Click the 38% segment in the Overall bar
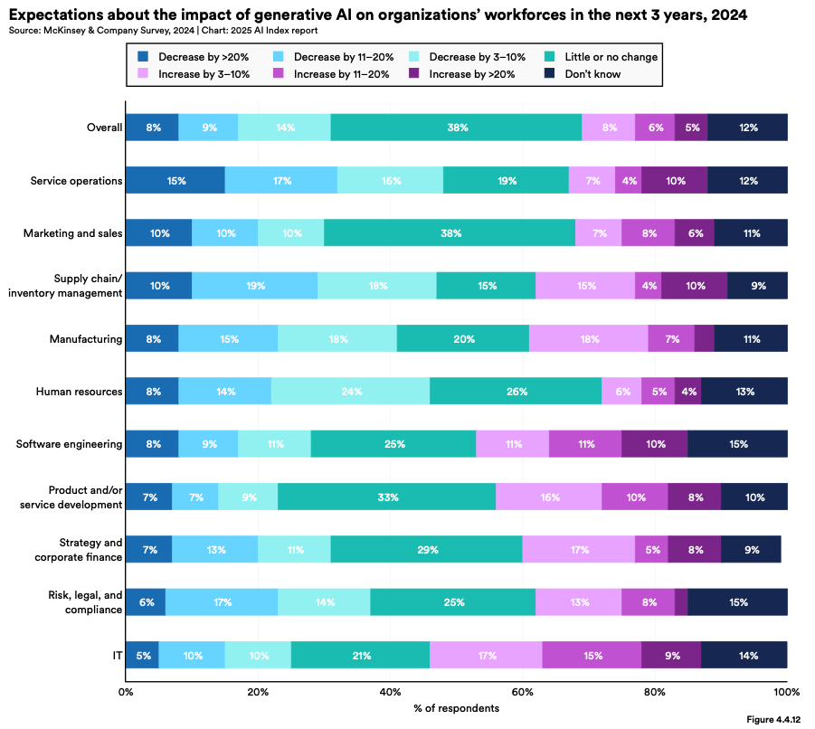(x=457, y=128)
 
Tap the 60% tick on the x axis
(x=522, y=692)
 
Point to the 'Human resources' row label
(x=79, y=392)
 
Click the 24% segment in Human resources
(x=351, y=392)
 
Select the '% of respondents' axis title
(x=456, y=708)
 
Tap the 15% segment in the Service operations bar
(x=175, y=180)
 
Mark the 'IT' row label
(x=116, y=655)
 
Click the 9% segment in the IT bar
(x=670, y=655)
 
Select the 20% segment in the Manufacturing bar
(x=463, y=339)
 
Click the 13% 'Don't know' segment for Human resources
(x=744, y=392)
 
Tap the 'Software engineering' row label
(x=70, y=444)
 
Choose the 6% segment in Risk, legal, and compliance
(x=146, y=602)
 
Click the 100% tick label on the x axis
(x=786, y=692)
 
